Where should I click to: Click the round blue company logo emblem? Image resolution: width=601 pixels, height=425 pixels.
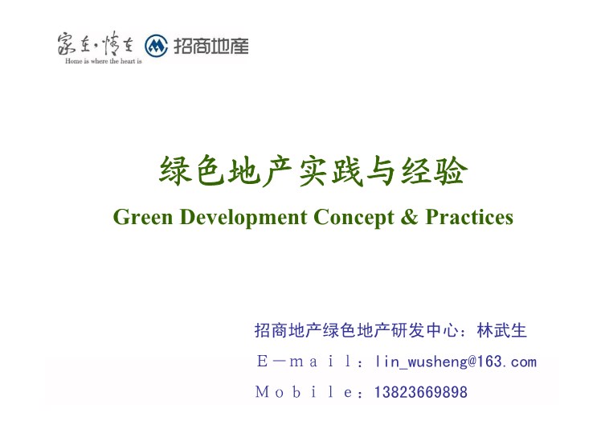tap(156, 46)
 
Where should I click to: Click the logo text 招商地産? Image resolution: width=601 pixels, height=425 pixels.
tap(211, 46)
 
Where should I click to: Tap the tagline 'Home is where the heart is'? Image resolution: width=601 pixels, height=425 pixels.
tap(104, 61)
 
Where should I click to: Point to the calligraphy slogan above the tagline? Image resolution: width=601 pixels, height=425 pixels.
tap(96, 43)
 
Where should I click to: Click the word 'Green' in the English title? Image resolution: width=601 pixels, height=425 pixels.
tap(143, 217)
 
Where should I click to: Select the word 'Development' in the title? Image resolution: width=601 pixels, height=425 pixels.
tap(243, 217)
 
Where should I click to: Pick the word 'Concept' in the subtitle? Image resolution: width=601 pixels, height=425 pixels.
tap(354, 218)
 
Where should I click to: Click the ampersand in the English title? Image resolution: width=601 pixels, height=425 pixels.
tap(409, 217)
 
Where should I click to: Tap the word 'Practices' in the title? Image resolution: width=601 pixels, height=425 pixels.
tap(469, 217)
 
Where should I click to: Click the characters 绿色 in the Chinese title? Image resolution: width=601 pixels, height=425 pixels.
tap(192, 171)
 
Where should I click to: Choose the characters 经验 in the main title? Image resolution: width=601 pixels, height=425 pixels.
tap(434, 171)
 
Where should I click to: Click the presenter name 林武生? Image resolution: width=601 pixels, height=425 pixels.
tap(501, 330)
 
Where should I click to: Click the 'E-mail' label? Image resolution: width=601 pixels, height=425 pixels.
tap(305, 361)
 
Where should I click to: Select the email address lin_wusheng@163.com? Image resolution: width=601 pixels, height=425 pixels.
tap(456, 362)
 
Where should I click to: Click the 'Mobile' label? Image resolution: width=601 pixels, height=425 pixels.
tap(304, 392)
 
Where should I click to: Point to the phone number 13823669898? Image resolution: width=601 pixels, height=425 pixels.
tap(421, 392)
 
